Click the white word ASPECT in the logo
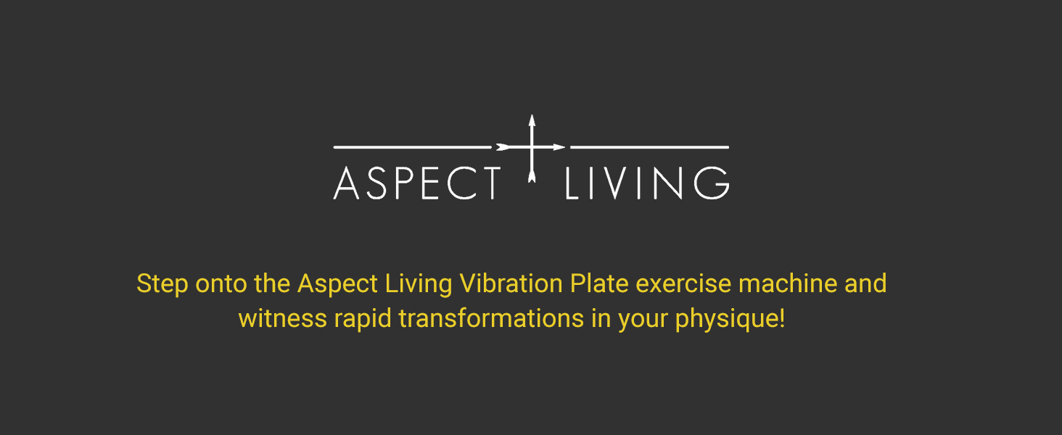[x=417, y=183]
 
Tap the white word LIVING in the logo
[x=646, y=183]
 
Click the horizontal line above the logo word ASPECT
[x=413, y=147]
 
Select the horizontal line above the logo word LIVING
[x=649, y=147]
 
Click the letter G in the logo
[x=712, y=183]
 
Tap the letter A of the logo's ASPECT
[x=347, y=183]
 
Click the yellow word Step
[x=162, y=283]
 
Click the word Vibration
[x=511, y=283]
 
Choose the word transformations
[x=491, y=319]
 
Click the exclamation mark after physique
[x=782, y=319]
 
